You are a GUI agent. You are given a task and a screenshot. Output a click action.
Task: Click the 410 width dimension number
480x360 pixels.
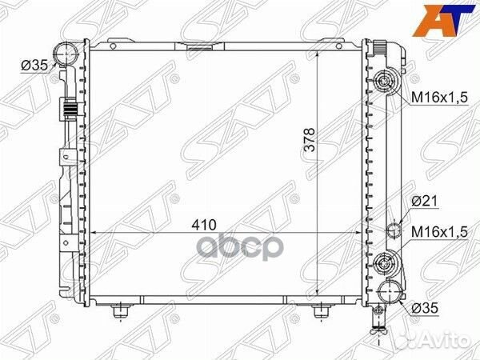click(204, 225)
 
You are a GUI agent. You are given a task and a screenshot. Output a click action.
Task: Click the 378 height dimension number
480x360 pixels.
click(310, 139)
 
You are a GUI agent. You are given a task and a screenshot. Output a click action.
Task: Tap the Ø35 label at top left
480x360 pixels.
click(34, 66)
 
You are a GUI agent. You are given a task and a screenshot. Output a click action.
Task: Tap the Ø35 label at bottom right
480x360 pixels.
click(425, 308)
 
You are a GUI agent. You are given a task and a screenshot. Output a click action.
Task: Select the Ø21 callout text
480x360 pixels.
click(425, 201)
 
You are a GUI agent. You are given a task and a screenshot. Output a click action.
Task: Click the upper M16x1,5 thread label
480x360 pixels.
click(439, 98)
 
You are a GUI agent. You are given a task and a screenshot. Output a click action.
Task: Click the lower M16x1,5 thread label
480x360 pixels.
click(439, 232)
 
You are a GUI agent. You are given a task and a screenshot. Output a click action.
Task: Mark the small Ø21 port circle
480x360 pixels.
click(394, 230)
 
